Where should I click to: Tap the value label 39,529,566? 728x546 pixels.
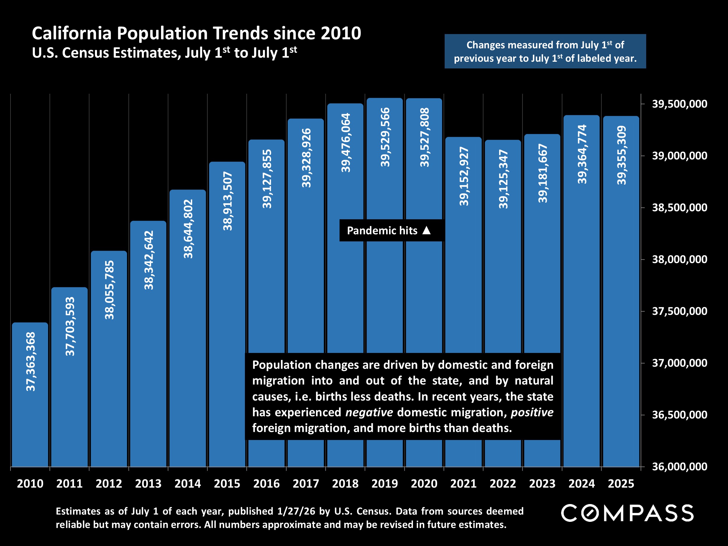pyautogui.click(x=385, y=137)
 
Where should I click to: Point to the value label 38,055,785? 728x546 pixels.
pyautogui.click(x=109, y=290)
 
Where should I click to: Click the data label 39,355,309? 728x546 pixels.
pyautogui.click(x=621, y=155)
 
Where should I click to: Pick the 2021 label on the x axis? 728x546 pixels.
pyautogui.click(x=463, y=484)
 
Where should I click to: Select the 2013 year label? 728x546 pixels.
pyautogui.click(x=148, y=484)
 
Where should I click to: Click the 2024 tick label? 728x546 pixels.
pyautogui.click(x=582, y=484)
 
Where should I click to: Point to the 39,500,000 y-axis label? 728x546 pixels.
pyautogui.click(x=680, y=104)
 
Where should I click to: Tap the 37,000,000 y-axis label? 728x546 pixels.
pyautogui.click(x=680, y=363)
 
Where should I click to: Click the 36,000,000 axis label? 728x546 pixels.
pyautogui.click(x=680, y=467)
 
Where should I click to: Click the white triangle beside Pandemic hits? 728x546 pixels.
pyautogui.click(x=427, y=230)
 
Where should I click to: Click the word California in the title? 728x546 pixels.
pyautogui.click(x=72, y=33)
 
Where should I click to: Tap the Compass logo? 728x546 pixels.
pyautogui.click(x=627, y=513)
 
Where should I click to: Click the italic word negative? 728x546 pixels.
pyautogui.click(x=369, y=412)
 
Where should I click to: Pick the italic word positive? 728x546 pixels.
pyautogui.click(x=532, y=412)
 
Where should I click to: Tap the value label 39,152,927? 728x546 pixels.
pyautogui.click(x=464, y=176)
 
